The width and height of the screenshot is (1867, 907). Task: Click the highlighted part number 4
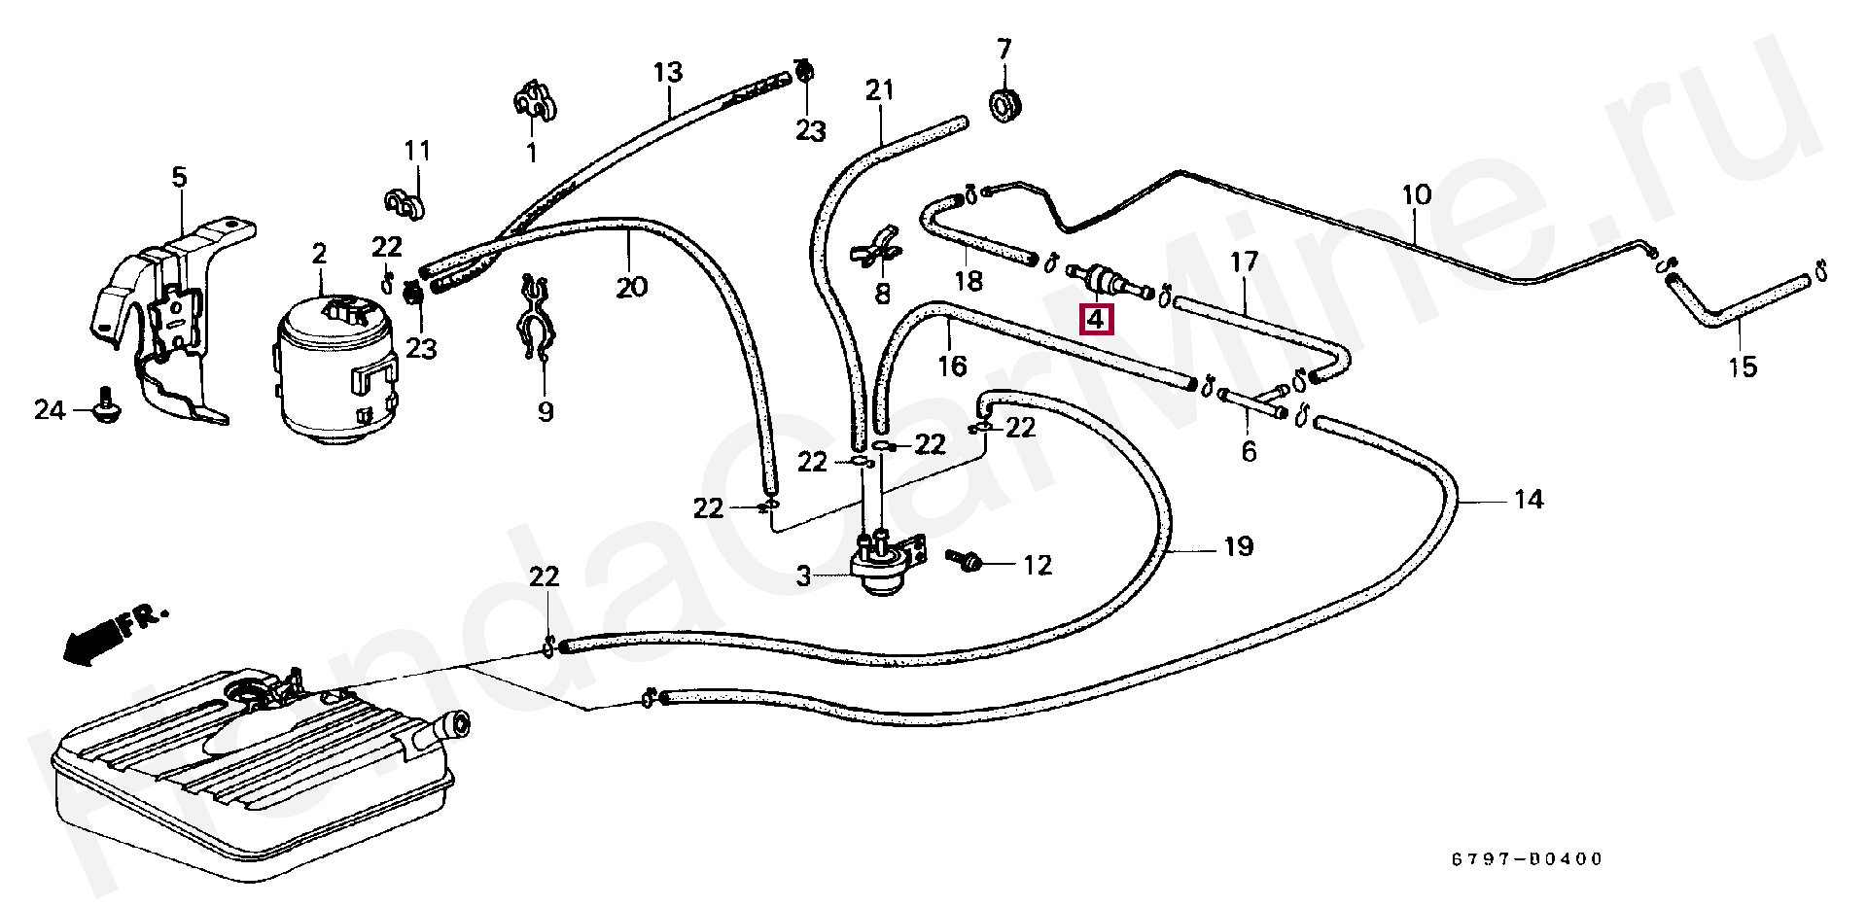[1096, 318]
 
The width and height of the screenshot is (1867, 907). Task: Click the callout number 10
[1417, 194]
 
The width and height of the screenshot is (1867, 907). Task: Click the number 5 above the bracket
[179, 178]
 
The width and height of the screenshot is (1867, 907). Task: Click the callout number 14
[1528, 500]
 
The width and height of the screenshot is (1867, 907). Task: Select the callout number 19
[1237, 547]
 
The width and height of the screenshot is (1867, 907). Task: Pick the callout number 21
[879, 91]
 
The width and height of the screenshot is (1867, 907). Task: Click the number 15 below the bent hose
[1744, 367]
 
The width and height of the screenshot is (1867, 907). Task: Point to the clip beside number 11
[401, 203]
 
